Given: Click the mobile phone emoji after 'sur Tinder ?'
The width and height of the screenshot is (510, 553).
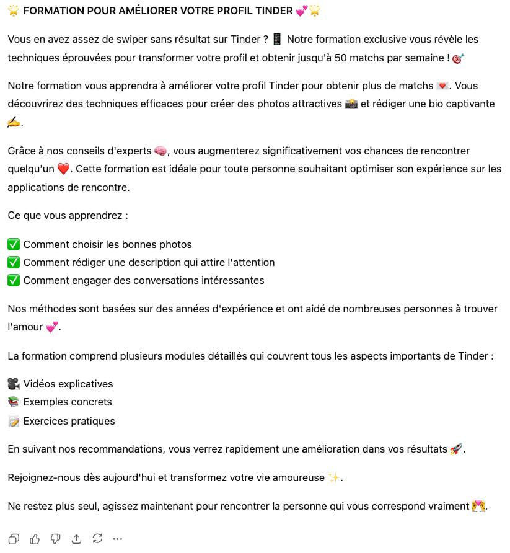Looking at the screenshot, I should click(x=277, y=40).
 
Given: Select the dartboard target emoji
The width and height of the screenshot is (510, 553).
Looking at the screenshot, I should click(x=458, y=58).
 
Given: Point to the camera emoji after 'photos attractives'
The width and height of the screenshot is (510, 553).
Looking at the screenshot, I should click(x=351, y=104).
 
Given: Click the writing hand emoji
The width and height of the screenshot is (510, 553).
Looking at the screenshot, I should click(x=14, y=122).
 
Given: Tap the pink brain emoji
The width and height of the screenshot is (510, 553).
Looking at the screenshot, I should click(x=160, y=151).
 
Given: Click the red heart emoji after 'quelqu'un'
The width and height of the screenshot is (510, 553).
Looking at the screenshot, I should click(x=63, y=169).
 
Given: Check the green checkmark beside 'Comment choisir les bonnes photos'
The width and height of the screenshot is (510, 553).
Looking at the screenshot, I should click(x=14, y=244).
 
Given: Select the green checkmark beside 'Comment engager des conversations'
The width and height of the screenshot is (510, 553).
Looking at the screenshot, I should click(x=14, y=280).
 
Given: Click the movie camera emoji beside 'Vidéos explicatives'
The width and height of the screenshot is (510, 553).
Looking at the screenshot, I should click(x=14, y=384).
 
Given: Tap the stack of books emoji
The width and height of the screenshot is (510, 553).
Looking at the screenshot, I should click(x=14, y=402).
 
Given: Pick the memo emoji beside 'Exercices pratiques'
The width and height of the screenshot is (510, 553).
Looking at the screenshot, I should click(x=14, y=422).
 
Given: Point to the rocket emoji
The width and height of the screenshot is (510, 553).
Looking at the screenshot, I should click(x=456, y=449).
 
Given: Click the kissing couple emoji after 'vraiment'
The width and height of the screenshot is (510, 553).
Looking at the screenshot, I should click(x=478, y=506).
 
